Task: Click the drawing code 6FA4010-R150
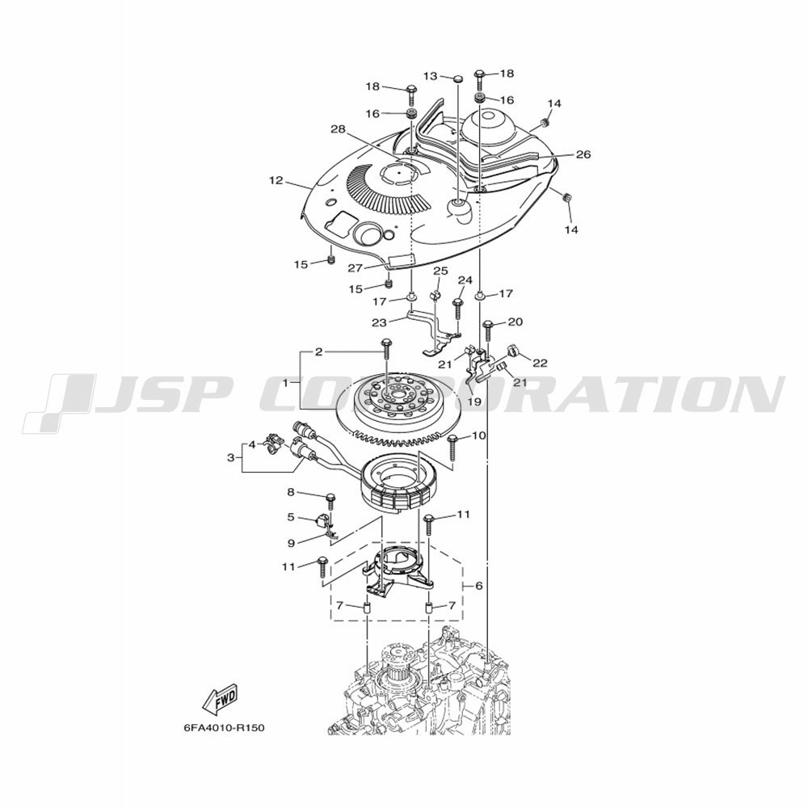[224, 729]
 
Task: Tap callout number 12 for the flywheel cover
[276, 180]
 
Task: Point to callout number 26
[583, 154]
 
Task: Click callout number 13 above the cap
[431, 76]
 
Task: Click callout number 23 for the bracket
[379, 322]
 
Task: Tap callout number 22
[540, 363]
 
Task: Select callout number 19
[474, 401]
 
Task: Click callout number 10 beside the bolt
[478, 436]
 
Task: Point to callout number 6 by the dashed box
[478, 586]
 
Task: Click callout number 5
[291, 516]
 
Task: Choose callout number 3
[231, 457]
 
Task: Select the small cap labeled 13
[457, 78]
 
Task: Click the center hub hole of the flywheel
[400, 393]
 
